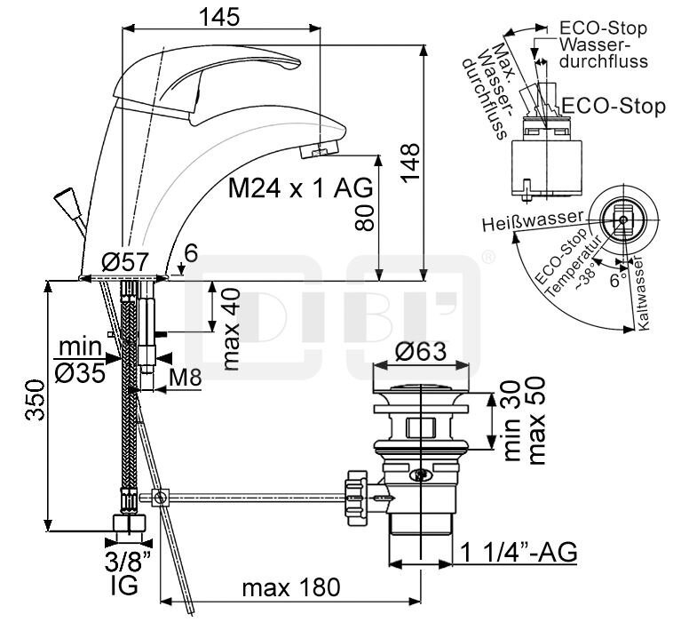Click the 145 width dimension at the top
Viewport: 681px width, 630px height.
click(219, 18)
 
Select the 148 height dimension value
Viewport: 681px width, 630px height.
click(410, 163)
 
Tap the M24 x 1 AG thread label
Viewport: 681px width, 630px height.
click(300, 188)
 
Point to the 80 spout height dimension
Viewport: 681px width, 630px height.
click(364, 218)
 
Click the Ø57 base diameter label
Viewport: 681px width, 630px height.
click(125, 262)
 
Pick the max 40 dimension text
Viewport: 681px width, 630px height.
click(231, 329)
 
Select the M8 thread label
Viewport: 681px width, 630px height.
click(186, 377)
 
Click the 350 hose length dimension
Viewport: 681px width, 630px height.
click(35, 400)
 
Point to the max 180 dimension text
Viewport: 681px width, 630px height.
click(291, 588)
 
